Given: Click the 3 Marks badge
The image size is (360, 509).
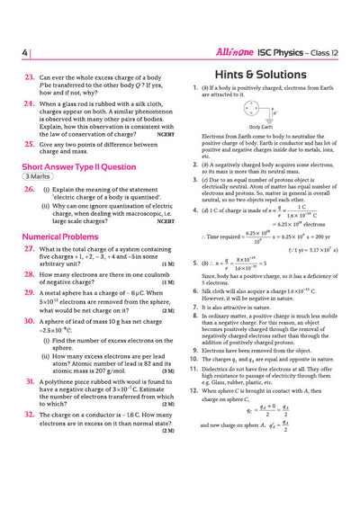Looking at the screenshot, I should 39,177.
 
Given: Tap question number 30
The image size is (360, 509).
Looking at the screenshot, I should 30,320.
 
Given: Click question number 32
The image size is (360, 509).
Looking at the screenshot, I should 30,416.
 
